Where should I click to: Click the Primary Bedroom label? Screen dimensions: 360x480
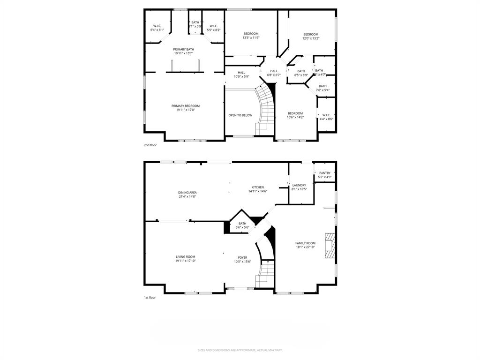click(x=185, y=108)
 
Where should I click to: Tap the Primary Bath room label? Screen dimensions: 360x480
click(x=183, y=51)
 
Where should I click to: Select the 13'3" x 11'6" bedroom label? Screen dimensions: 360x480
click(x=251, y=35)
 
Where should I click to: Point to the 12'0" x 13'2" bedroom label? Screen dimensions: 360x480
click(x=311, y=36)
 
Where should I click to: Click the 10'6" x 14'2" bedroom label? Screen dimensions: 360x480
click(x=295, y=115)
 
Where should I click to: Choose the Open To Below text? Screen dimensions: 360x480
click(x=240, y=115)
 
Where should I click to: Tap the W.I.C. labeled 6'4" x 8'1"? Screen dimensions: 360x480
click(x=157, y=28)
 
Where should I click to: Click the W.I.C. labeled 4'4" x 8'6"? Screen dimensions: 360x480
click(x=326, y=117)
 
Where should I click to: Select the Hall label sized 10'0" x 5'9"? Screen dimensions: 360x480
click(x=241, y=74)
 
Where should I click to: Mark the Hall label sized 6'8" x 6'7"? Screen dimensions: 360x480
click(x=274, y=73)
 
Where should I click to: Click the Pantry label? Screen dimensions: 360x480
click(x=325, y=175)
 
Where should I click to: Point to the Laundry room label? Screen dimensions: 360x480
click(x=299, y=187)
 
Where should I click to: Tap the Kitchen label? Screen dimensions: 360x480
click(x=257, y=189)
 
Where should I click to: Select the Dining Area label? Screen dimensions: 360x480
click(x=187, y=194)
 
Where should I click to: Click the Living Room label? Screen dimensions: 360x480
click(x=185, y=258)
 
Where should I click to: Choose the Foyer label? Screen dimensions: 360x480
click(x=242, y=259)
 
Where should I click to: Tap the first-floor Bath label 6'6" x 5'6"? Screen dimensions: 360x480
click(x=242, y=225)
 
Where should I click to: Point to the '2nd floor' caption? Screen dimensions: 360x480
click(x=150, y=145)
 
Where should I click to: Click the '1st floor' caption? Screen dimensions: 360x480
click(x=150, y=298)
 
